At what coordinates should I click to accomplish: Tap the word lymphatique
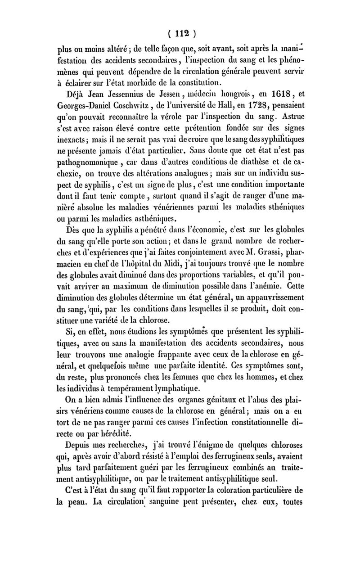(177, 388)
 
